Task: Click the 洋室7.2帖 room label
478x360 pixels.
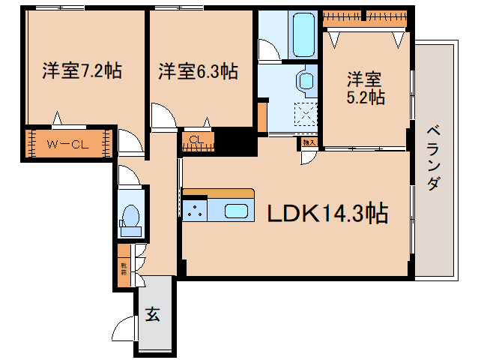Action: click(x=82, y=72)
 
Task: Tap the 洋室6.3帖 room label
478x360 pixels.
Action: click(x=199, y=72)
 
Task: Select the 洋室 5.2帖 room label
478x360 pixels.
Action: click(x=365, y=88)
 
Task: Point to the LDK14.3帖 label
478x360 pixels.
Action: click(x=328, y=215)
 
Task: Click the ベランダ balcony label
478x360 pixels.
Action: click(x=434, y=158)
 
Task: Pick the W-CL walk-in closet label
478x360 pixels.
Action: click(x=68, y=145)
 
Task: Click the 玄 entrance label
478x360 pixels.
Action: click(x=152, y=315)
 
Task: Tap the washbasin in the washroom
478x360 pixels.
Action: click(x=306, y=81)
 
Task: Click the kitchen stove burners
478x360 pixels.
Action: click(x=195, y=210)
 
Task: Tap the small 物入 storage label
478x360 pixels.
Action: click(x=307, y=140)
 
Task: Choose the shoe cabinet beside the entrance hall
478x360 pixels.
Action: click(x=123, y=263)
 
